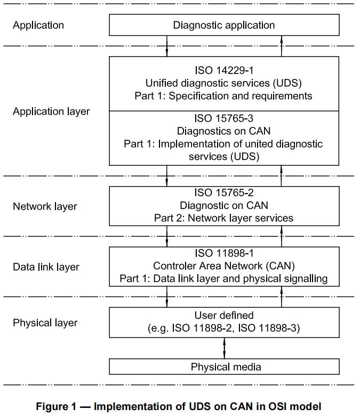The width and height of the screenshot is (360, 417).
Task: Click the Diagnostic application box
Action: (x=224, y=25)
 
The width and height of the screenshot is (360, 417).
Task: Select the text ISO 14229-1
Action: (x=224, y=70)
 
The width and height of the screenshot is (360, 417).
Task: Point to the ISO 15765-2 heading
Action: (x=224, y=193)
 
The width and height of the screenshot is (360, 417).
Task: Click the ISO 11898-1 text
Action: (x=224, y=253)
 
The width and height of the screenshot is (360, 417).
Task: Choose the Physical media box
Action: (x=224, y=367)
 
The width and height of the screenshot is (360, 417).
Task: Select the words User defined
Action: (x=224, y=315)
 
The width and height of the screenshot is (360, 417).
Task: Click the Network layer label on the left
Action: (x=45, y=206)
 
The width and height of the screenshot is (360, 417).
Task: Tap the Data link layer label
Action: (x=46, y=267)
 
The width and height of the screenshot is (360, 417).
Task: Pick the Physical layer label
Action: (x=45, y=323)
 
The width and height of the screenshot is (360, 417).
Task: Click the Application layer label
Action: (x=51, y=111)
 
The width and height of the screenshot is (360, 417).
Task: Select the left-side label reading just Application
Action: (x=38, y=25)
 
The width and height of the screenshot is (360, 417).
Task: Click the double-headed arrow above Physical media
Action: (x=224, y=347)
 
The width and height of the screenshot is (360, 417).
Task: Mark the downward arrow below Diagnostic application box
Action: (x=167, y=46)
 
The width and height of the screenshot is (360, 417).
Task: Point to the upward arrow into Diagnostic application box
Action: (x=282, y=46)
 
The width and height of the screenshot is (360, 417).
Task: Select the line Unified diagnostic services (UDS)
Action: (x=224, y=83)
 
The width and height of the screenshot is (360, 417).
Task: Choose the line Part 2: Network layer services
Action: (x=224, y=218)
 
